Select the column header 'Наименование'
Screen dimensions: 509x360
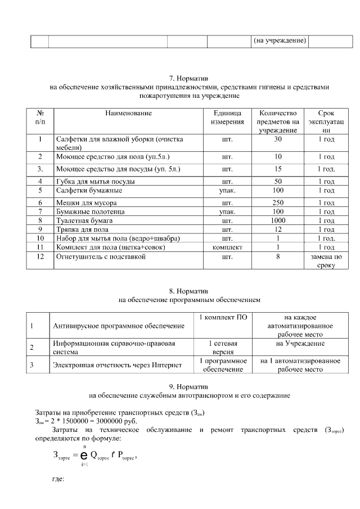click(128, 113)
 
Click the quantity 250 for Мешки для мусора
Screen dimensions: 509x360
click(277, 202)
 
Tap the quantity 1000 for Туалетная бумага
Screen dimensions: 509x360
click(277, 220)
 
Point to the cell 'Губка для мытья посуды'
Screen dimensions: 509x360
click(94, 181)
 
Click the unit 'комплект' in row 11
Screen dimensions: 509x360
click(227, 247)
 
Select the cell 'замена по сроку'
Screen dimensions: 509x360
click(326, 261)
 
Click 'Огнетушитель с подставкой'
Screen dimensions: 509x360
click(101, 257)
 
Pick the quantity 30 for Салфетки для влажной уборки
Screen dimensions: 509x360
click(277, 139)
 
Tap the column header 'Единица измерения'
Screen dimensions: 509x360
click(227, 117)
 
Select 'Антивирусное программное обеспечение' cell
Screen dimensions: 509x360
click(119, 326)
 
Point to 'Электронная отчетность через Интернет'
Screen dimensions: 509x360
click(117, 365)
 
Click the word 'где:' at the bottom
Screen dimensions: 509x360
click(58, 480)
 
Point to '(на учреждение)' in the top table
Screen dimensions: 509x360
click(279, 40)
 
